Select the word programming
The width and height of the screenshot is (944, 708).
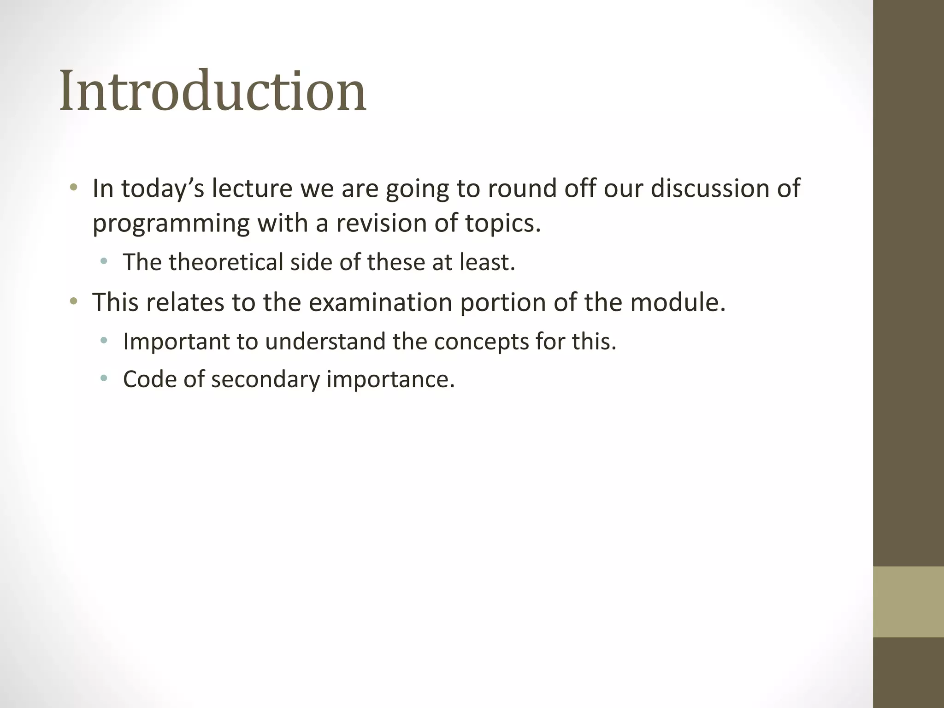[x=171, y=224]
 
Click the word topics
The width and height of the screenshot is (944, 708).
[x=502, y=224]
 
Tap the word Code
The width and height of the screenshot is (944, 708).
[x=150, y=379]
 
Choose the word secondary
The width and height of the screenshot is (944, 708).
[x=265, y=379]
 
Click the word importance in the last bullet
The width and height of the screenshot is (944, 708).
[x=390, y=379]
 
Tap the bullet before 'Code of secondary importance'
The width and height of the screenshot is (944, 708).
[x=104, y=379]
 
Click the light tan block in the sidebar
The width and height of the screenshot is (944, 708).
[x=908, y=602]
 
